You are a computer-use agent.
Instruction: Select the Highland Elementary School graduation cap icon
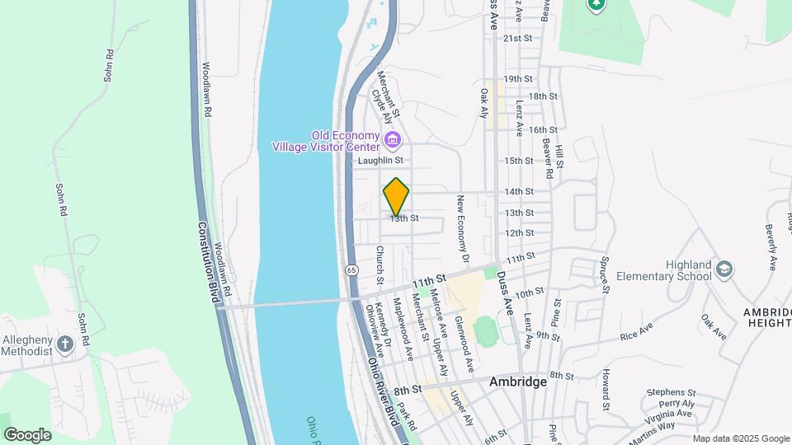point(724,269)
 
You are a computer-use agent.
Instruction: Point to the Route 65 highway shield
point(351,269)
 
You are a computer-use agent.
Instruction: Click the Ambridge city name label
point(518,382)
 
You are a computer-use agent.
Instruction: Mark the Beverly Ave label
point(771,246)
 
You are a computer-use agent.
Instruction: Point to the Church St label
point(380,261)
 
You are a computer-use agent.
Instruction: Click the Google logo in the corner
point(27,434)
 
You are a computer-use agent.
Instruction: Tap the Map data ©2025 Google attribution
point(740,438)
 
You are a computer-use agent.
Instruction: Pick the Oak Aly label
point(484,104)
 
